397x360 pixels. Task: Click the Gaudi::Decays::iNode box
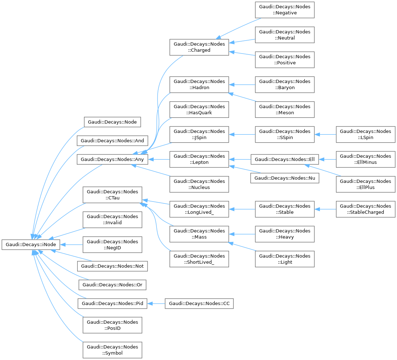(31, 244)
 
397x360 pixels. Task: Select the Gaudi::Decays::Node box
(112, 122)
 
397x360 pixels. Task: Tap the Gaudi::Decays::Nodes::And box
(112, 141)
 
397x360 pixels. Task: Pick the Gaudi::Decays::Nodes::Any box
(112, 160)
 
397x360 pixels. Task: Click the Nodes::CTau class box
(112, 195)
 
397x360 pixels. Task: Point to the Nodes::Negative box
(285, 10)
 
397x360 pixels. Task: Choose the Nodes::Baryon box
(285, 84)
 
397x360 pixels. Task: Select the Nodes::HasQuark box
(199, 110)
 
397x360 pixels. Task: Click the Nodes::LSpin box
(366, 134)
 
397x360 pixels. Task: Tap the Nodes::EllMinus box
(366, 159)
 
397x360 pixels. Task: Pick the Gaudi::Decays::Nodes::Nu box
(285, 178)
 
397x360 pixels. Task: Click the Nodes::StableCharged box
(366, 209)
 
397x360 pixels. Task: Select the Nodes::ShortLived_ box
(199, 259)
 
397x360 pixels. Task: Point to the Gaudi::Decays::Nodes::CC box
(199, 304)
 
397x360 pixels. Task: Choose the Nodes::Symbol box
(112, 350)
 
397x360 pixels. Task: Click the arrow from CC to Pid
(156, 304)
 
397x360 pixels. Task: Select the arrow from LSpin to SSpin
(325, 134)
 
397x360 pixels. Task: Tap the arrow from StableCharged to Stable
(325, 209)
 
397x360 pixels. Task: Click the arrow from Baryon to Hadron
(242, 85)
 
